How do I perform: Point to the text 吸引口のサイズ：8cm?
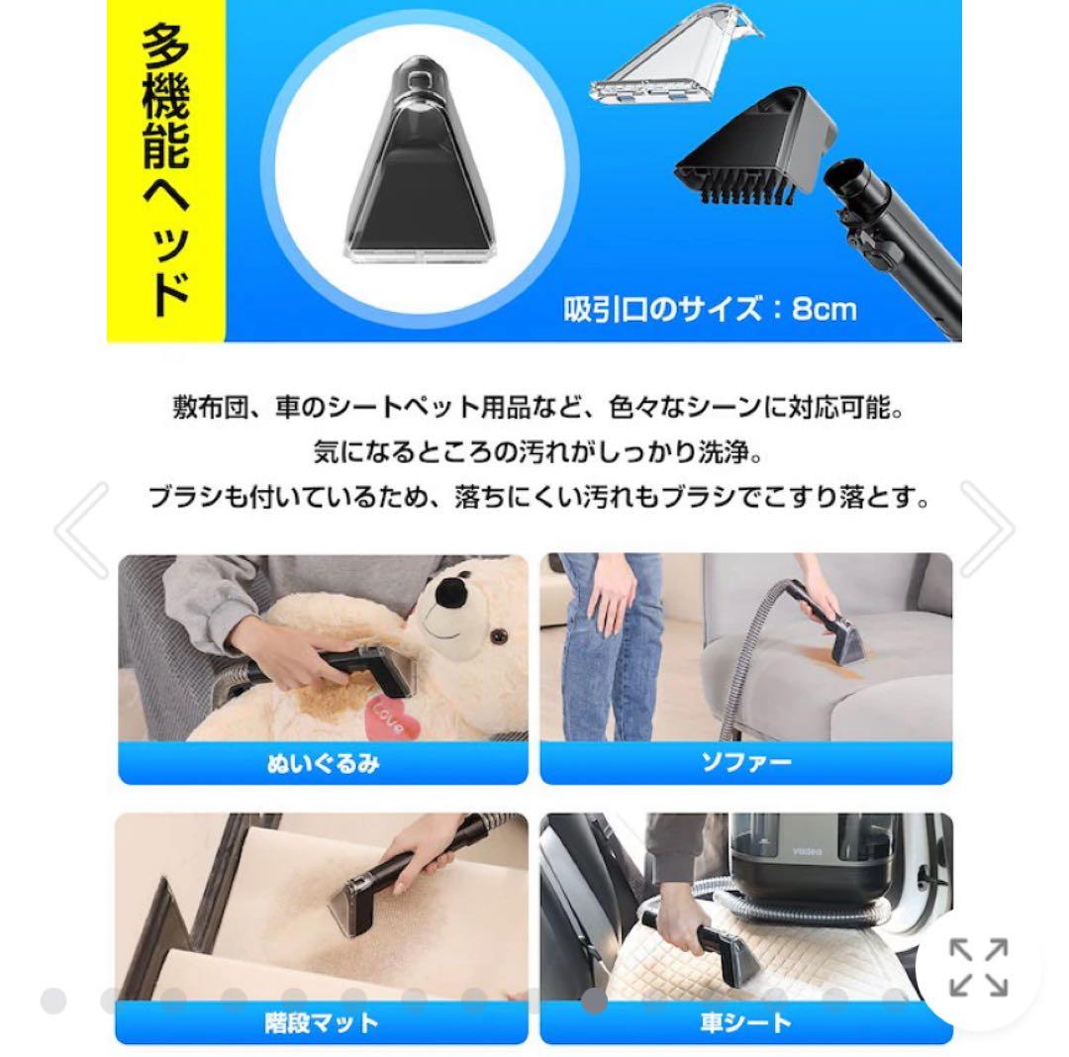(x=710, y=309)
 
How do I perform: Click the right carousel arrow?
(x=986, y=529)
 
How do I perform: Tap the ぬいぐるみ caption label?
(x=323, y=764)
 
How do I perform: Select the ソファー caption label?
(x=745, y=764)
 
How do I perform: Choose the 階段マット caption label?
(x=323, y=1021)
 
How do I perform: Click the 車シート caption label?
(x=745, y=1021)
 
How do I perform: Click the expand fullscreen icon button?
(x=978, y=967)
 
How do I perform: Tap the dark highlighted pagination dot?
(x=594, y=1002)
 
